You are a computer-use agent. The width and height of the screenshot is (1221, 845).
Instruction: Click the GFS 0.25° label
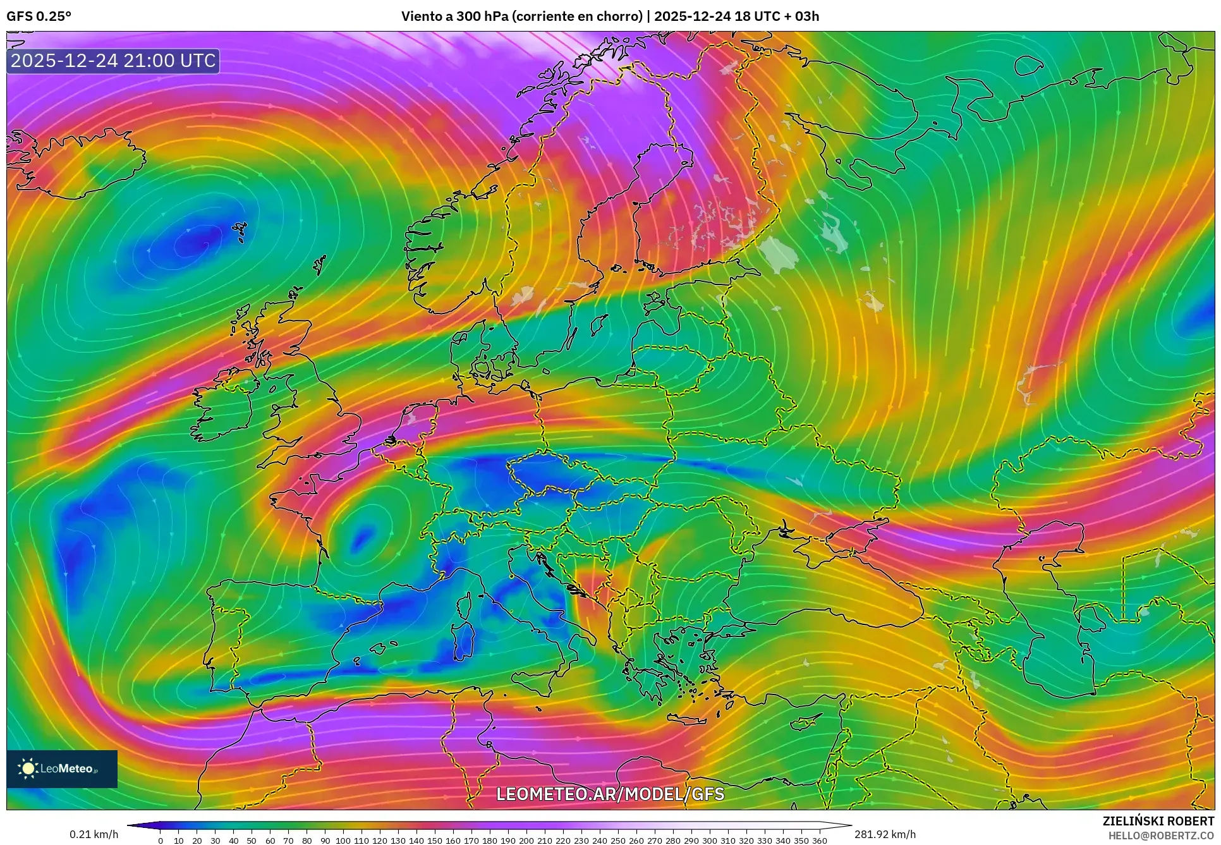[x=39, y=16]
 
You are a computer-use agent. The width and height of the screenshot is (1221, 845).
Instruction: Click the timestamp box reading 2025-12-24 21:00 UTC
[x=113, y=61]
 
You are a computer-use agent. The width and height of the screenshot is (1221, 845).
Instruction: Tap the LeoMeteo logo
[x=62, y=769]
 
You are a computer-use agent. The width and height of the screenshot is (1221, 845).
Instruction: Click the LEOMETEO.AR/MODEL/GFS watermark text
[x=610, y=794]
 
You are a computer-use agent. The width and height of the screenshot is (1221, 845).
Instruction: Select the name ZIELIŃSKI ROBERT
[x=1158, y=821]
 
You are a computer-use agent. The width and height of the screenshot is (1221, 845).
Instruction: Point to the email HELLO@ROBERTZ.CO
[x=1161, y=835]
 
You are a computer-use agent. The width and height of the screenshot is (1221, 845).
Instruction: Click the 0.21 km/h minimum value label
[x=94, y=834]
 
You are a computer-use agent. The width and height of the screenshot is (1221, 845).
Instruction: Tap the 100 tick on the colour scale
[x=343, y=841]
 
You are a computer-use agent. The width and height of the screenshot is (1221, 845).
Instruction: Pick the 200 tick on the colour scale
[x=526, y=841]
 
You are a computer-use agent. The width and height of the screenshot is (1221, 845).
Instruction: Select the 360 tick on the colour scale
[x=819, y=841]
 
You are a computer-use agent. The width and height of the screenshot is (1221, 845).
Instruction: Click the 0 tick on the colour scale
[x=161, y=841]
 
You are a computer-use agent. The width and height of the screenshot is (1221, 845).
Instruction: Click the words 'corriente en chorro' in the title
[x=577, y=16]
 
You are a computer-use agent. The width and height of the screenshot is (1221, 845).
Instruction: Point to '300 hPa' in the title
[x=483, y=16]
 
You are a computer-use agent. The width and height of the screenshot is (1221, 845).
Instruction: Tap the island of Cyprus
[x=806, y=722]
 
